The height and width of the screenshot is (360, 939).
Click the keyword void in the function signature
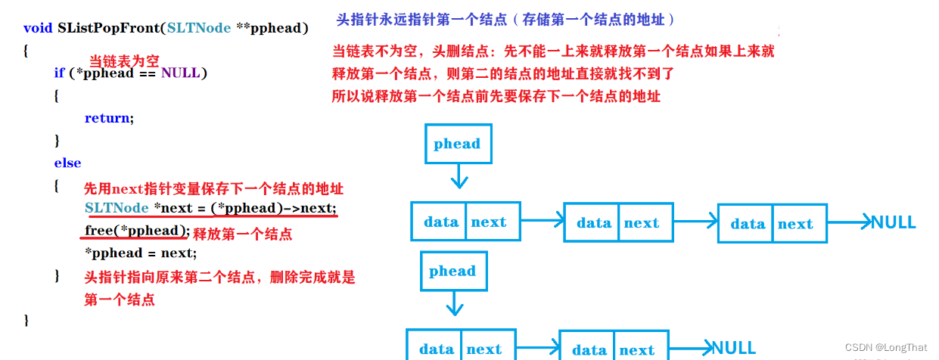(x=38, y=28)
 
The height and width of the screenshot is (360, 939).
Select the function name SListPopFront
(x=109, y=28)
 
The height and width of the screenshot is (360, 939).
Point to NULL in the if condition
(x=182, y=73)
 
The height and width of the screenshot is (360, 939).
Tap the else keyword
(x=67, y=163)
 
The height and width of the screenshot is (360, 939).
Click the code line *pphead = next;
(x=141, y=253)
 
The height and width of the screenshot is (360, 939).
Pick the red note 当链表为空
(x=125, y=61)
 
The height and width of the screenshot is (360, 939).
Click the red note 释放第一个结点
(x=243, y=234)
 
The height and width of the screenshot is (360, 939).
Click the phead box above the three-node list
(x=457, y=144)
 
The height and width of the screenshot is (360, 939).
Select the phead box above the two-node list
(x=452, y=271)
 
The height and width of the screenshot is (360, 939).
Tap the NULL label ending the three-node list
(x=894, y=222)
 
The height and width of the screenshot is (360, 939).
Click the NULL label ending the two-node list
(x=733, y=348)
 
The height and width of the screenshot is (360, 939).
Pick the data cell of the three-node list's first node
(x=440, y=222)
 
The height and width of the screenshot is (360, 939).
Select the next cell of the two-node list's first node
(x=484, y=349)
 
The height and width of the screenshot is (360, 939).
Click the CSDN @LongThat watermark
(x=885, y=347)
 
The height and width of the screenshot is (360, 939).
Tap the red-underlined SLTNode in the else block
(x=117, y=208)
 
